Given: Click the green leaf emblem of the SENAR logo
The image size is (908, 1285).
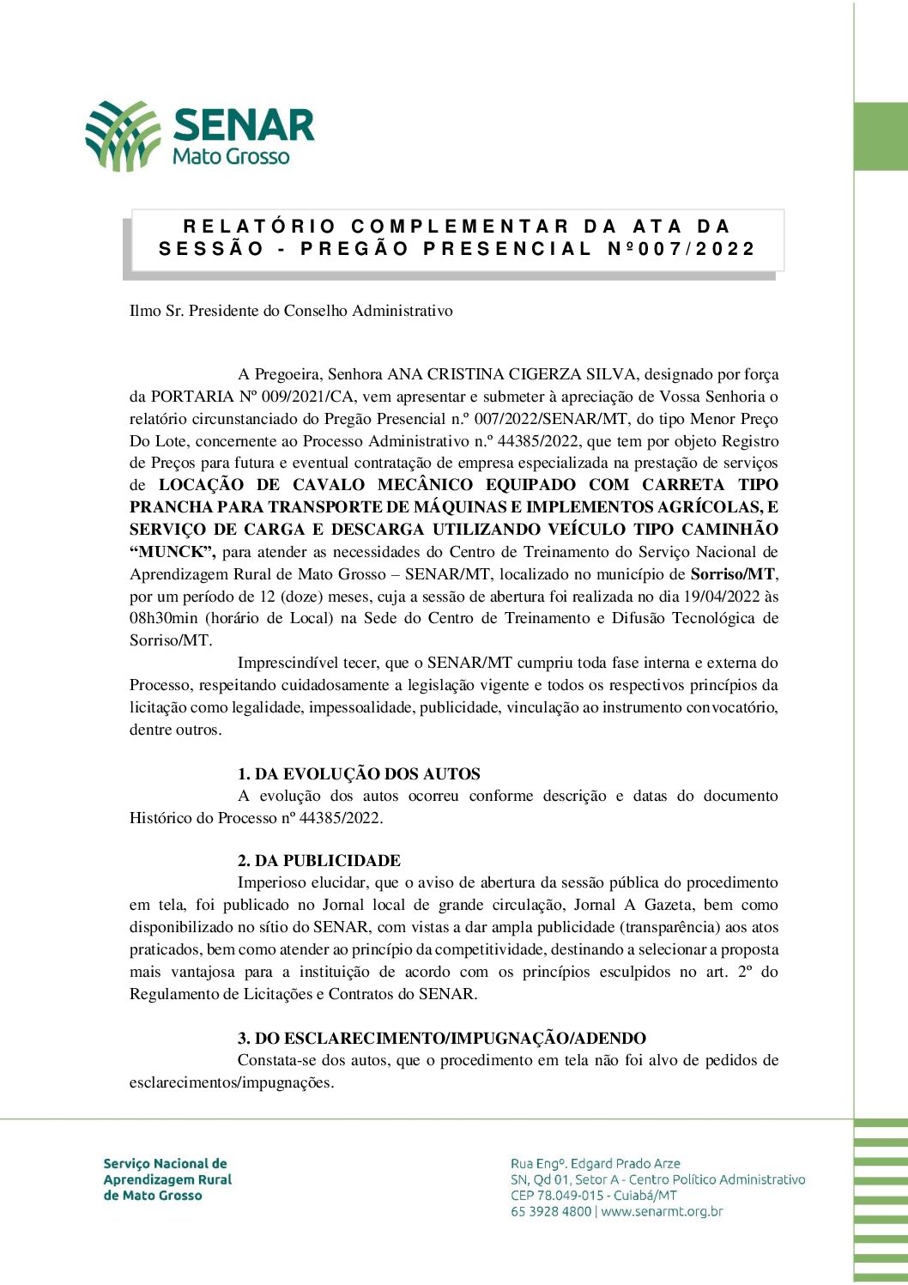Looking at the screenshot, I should [x=123, y=135].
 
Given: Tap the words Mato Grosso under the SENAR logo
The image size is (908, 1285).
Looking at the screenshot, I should [x=231, y=156].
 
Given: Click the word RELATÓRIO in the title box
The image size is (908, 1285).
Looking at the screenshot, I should [x=259, y=227].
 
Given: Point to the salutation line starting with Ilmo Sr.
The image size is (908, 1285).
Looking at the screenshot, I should [x=291, y=311].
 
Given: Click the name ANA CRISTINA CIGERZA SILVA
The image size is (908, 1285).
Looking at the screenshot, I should [x=512, y=374].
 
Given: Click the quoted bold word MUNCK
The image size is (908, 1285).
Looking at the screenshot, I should [x=172, y=552].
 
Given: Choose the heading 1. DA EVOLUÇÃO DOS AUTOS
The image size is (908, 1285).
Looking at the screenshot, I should [x=359, y=773].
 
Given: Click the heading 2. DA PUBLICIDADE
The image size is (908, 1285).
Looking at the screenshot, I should [x=319, y=861].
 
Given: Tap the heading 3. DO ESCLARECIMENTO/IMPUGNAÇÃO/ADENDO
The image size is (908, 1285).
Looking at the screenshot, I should [x=442, y=1039].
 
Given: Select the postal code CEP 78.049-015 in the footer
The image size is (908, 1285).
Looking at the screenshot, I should [x=558, y=1196].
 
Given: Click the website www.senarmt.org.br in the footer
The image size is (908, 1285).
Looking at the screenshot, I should [x=662, y=1212].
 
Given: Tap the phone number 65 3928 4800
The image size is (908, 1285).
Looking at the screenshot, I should [x=551, y=1212].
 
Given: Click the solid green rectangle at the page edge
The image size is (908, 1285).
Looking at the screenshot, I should [x=881, y=136].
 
